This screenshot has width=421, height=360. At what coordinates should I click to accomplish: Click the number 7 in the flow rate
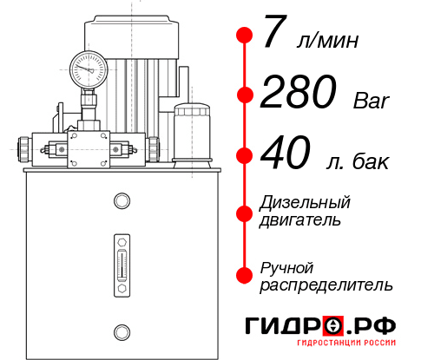273,35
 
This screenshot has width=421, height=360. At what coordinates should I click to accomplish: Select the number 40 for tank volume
286,156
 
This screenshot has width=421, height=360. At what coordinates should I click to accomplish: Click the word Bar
372,101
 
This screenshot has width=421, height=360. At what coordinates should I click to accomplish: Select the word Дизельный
305,202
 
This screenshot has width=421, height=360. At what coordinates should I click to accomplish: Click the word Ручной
286,266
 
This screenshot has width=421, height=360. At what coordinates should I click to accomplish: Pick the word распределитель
326,284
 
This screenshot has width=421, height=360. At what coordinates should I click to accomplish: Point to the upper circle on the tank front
122,202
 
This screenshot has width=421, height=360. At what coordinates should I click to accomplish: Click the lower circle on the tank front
122,331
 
